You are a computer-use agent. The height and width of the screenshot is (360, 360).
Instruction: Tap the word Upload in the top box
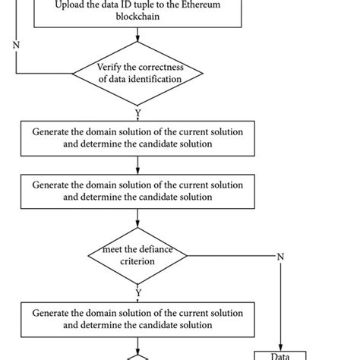pyautogui.click(x=71, y=7)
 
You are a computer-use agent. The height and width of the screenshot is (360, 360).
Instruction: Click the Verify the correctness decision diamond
pyautogui.click(x=137, y=74)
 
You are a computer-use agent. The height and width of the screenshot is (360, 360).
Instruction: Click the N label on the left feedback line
pyautogui.click(x=16, y=44)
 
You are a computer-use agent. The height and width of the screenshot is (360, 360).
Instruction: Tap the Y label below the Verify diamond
pyautogui.click(x=137, y=112)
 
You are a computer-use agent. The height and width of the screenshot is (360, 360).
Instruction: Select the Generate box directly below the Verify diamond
pyautogui.click(x=137, y=137)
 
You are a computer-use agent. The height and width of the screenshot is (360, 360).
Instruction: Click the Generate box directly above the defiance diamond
pyautogui.click(x=137, y=191)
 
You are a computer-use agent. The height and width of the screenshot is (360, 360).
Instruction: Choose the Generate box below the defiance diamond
pyautogui.click(x=137, y=318)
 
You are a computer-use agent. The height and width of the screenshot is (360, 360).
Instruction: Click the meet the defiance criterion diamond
pyautogui.click(x=137, y=255)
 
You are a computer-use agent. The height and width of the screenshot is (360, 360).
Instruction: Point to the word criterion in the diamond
pyautogui.click(x=137, y=262)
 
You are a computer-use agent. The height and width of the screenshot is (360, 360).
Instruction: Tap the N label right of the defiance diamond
pyautogui.click(x=280, y=256)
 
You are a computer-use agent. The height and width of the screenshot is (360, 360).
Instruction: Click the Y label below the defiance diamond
pyautogui.click(x=137, y=292)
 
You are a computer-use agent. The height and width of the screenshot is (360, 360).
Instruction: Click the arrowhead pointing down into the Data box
pyautogui.click(x=281, y=346)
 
